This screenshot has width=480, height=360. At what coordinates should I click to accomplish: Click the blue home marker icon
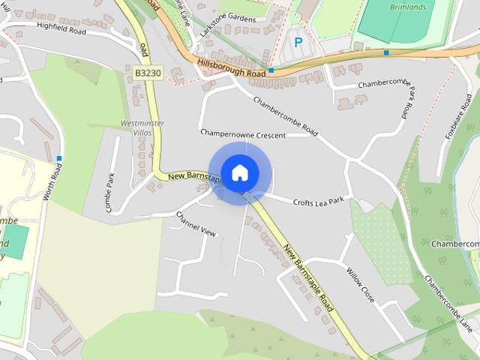(x=239, y=172)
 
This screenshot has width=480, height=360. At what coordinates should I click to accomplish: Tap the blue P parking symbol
(x=298, y=43)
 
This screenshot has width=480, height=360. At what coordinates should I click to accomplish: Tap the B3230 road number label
(x=148, y=73)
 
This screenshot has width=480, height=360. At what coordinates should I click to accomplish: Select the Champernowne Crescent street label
(x=243, y=133)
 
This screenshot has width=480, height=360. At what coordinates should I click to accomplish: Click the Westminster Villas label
(x=136, y=127)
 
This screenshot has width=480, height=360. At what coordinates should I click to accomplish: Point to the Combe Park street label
(x=110, y=193)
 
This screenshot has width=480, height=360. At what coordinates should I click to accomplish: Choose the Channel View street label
(x=196, y=223)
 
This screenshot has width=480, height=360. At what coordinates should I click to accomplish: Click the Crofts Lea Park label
(x=318, y=201)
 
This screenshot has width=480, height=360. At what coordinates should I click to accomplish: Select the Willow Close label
(x=359, y=280)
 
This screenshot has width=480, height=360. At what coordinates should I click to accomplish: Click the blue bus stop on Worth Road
(x=59, y=157)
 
